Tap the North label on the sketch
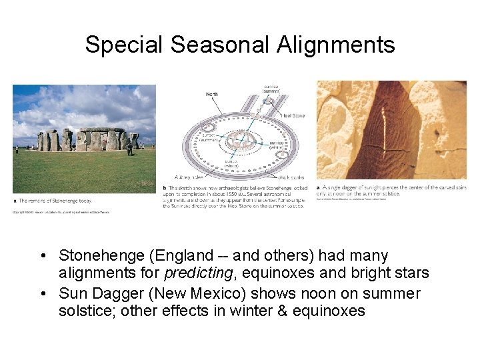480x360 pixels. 211,94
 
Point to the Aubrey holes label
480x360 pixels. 189,177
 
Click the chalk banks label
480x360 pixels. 291,177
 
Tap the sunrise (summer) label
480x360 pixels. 271,89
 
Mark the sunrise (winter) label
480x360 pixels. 277,145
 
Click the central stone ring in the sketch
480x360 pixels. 241,141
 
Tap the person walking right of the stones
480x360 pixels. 129,148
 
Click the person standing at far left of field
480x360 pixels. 17,149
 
